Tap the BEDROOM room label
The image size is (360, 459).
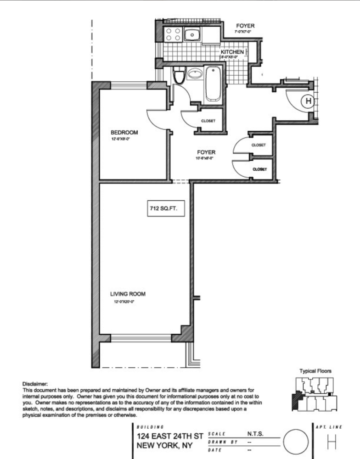124,133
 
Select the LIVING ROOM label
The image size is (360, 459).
128,294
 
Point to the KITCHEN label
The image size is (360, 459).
232,52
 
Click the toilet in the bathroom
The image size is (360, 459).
179,75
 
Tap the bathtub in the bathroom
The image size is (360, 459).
213,84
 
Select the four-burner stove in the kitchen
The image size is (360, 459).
174,35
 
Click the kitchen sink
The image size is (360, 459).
191,34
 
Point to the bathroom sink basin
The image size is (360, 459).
195,73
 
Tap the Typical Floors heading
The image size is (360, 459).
315,371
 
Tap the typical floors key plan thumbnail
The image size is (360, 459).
314,393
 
